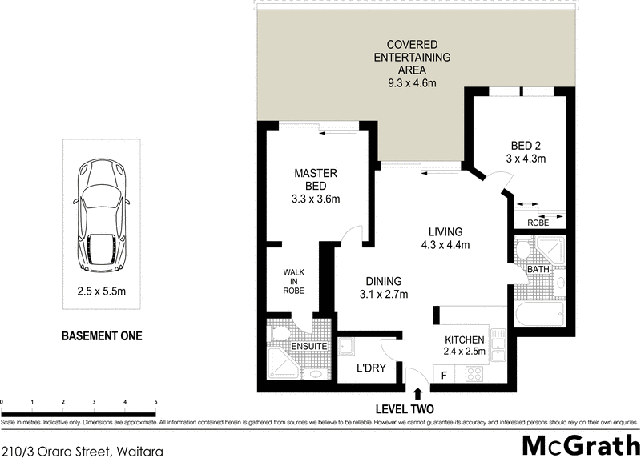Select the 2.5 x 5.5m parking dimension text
102,293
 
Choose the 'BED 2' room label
527,152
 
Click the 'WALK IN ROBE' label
293,282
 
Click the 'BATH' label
538,270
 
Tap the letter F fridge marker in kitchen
443,374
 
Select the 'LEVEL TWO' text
417,408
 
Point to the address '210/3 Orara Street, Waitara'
82,451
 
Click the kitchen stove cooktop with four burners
474,373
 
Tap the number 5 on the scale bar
155,401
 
